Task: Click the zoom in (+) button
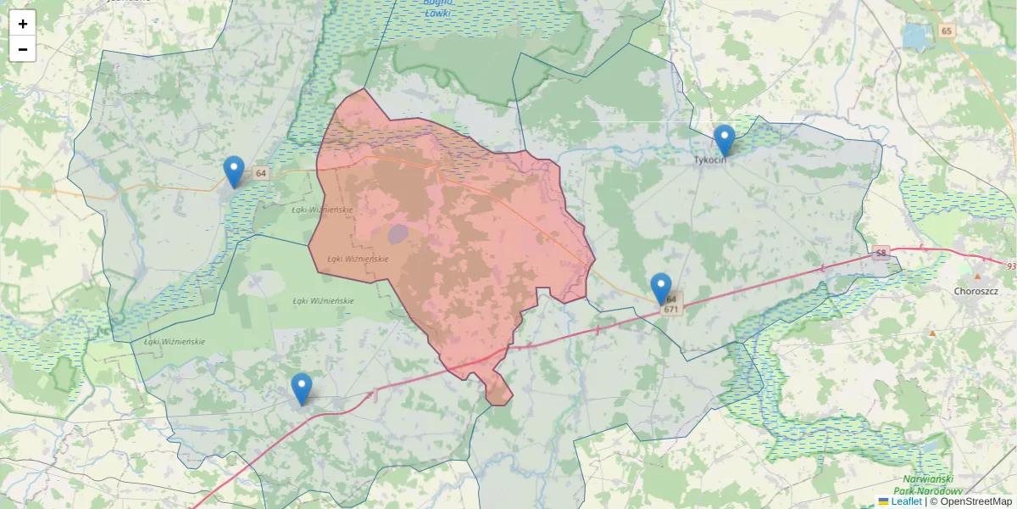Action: (x=23, y=24)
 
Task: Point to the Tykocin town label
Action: (x=710, y=159)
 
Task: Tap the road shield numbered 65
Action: (x=947, y=31)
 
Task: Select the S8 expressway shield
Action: (x=881, y=253)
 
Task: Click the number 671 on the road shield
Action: (x=670, y=310)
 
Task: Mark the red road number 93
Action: (x=1011, y=266)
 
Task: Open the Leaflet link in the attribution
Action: (x=906, y=501)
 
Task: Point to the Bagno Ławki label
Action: (x=437, y=8)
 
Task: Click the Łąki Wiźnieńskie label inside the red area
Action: (x=358, y=259)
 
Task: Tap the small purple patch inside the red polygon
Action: (x=398, y=233)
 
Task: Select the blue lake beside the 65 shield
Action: (x=916, y=36)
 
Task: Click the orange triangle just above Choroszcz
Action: (x=978, y=277)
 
